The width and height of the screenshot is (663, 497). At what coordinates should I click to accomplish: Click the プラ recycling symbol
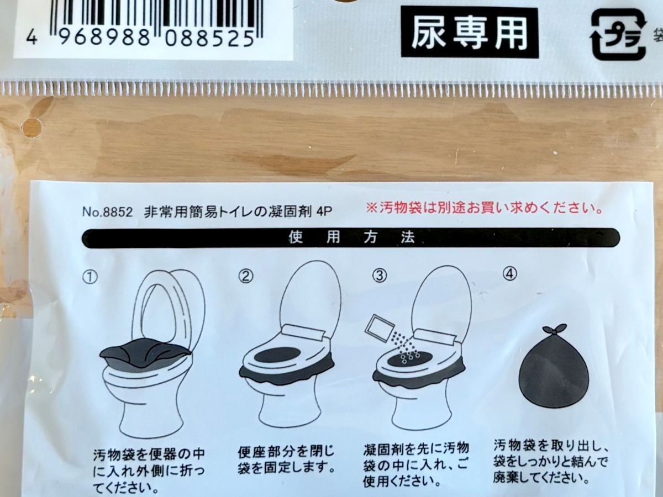[x=618, y=34]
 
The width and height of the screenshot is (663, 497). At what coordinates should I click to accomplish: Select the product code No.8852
[x=107, y=211]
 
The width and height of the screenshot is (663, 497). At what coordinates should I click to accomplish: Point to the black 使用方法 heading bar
[x=351, y=238]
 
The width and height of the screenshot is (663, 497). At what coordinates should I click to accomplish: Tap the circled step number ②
[x=246, y=275]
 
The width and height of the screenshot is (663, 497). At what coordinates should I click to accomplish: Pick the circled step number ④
[x=509, y=274]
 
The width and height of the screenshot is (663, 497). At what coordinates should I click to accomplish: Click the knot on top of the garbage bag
[x=553, y=330]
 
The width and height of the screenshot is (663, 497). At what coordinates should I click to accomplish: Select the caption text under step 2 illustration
[x=286, y=459]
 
